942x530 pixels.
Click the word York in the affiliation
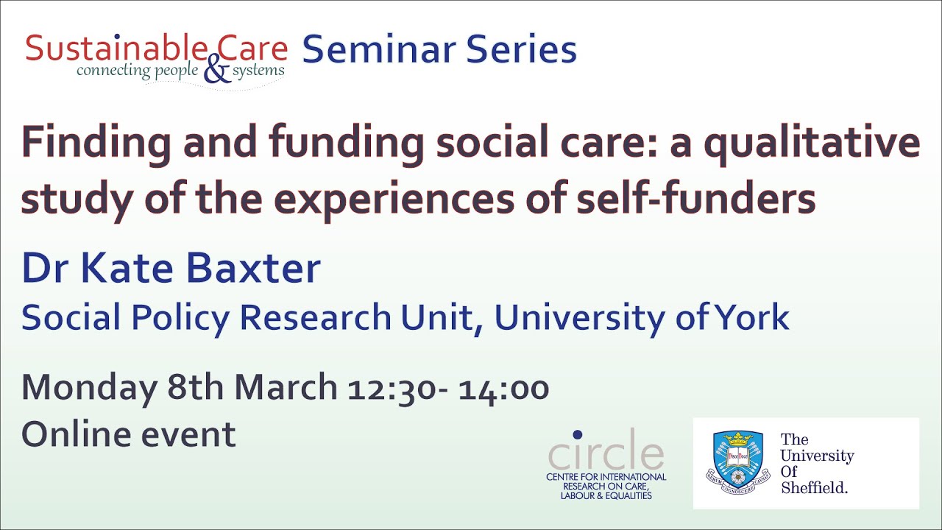click(755, 317)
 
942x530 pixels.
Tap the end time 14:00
click(504, 388)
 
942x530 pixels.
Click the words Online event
click(129, 434)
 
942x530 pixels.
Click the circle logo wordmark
click(606, 453)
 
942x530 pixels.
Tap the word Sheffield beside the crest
click(815, 487)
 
